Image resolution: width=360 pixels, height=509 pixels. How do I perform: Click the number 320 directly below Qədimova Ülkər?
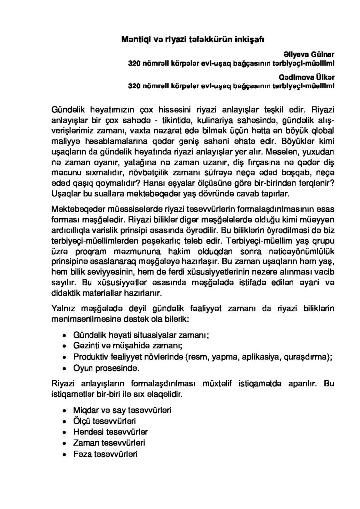pos(135,85)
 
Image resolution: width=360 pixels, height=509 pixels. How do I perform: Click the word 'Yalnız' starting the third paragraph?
pos(64,303)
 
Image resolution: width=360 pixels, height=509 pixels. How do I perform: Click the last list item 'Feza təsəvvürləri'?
pos(104,455)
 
